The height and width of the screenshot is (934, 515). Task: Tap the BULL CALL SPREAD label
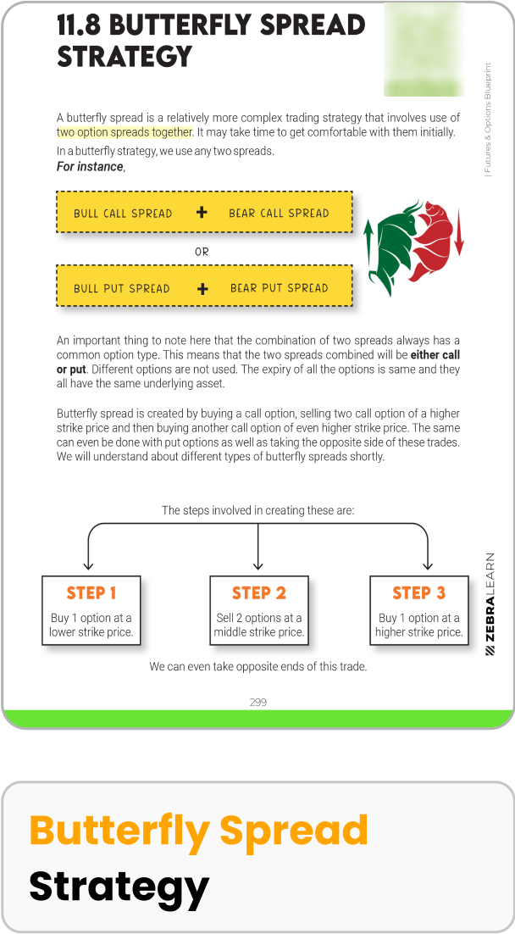tap(123, 214)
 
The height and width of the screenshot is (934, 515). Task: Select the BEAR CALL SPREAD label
tap(279, 214)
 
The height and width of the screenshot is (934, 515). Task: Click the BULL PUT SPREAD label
tap(122, 288)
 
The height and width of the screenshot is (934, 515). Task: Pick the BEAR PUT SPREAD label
tap(279, 288)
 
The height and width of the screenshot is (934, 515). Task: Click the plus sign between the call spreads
tap(202, 213)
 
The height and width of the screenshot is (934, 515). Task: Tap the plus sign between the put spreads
tap(202, 288)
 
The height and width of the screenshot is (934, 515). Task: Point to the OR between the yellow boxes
tap(202, 252)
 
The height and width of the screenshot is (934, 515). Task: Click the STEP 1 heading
tap(91, 593)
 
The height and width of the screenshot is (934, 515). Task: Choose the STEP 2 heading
tap(259, 593)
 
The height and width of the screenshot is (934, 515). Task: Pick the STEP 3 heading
tap(418, 593)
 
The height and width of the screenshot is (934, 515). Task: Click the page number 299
tap(258, 702)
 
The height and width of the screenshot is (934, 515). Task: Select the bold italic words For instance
tap(90, 167)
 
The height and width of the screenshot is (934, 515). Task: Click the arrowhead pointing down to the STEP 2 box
tap(258, 565)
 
